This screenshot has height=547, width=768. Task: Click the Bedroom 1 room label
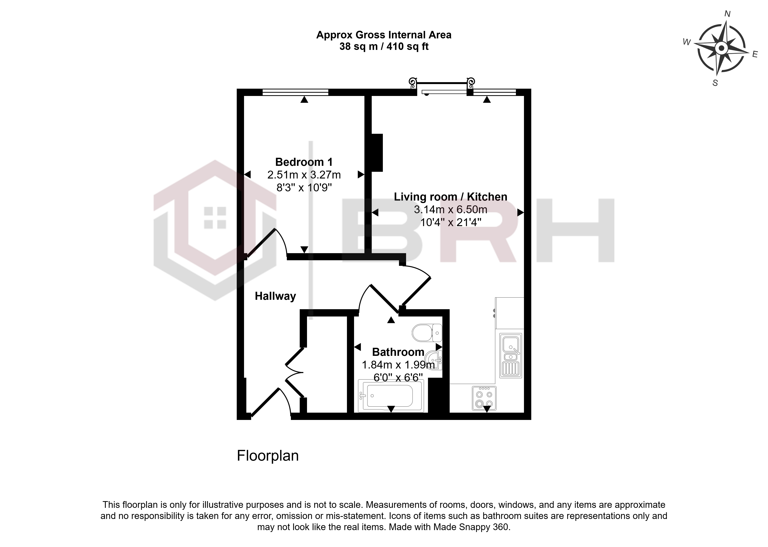[304, 162]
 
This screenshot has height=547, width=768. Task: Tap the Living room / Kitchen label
[451, 197]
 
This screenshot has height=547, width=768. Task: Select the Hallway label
[275, 296]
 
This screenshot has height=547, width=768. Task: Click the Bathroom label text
[398, 352]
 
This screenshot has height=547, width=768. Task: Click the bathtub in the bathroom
[390, 396]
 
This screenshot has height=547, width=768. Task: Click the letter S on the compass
[715, 83]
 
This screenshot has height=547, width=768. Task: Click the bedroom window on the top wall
[295, 92]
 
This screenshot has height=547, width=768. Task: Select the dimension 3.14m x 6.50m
[451, 210]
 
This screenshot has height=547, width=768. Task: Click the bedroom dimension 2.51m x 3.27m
[304, 175]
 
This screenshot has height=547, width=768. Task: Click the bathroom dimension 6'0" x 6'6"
[398, 378]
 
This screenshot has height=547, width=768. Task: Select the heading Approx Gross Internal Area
[384, 35]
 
